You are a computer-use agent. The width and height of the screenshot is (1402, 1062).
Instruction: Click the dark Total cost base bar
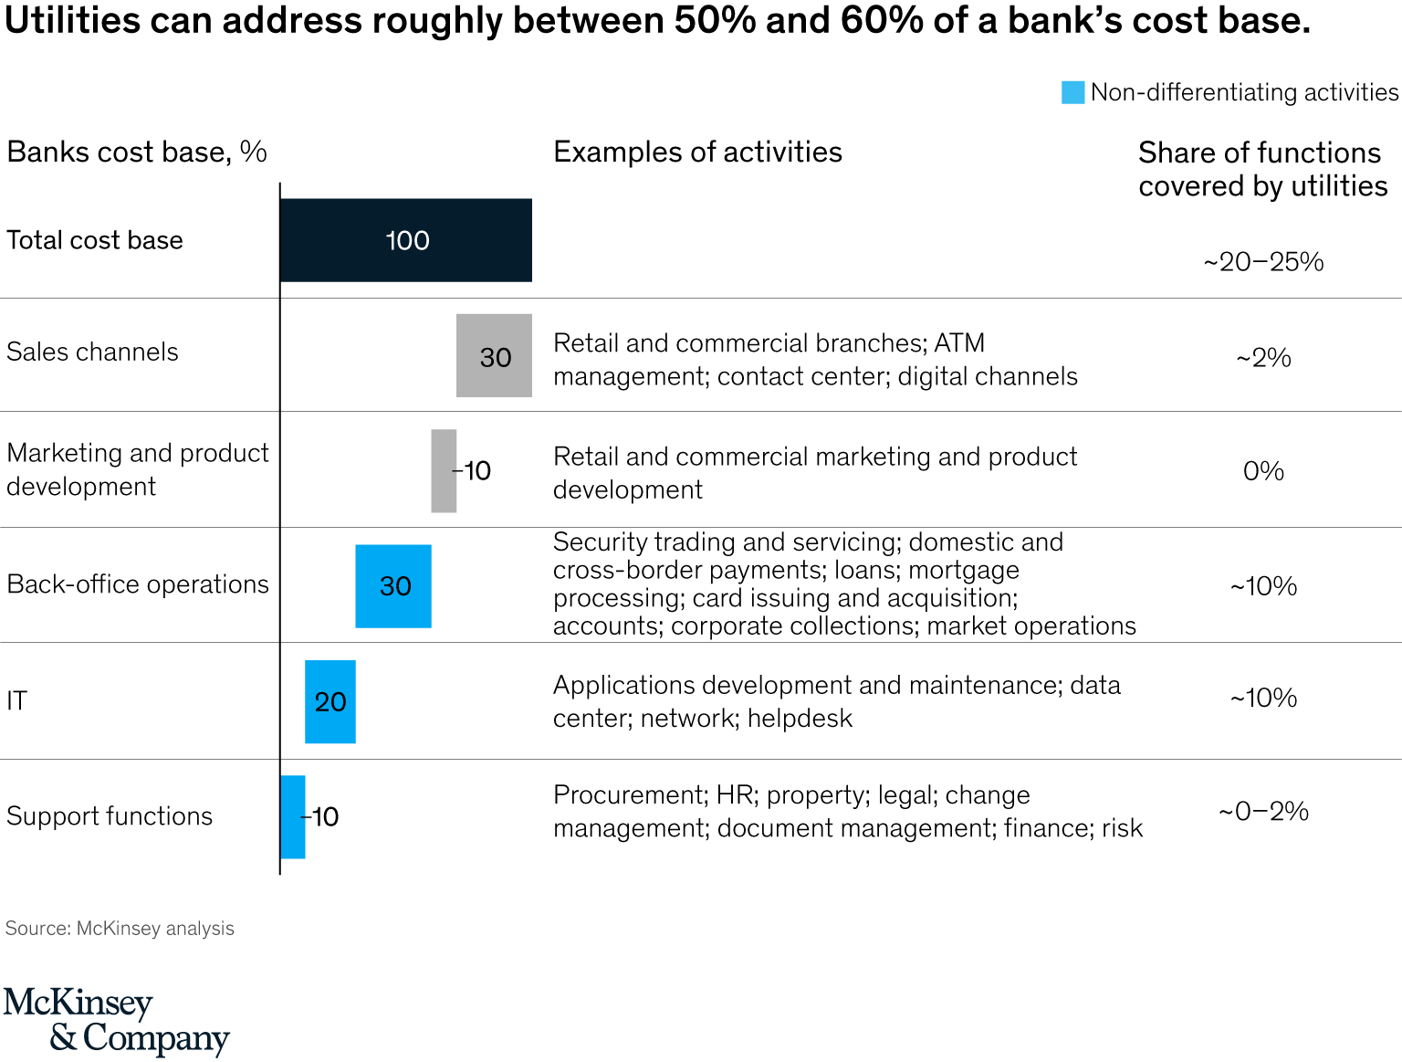point(405,240)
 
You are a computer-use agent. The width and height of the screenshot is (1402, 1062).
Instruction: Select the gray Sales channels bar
point(494,355)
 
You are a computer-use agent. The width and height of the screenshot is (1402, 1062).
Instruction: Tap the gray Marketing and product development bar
point(444,470)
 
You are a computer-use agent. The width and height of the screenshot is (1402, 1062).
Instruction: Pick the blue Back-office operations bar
point(393,585)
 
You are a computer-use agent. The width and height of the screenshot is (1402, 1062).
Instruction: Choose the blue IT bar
point(330,701)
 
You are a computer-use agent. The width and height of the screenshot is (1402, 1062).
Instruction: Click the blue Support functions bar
point(293,816)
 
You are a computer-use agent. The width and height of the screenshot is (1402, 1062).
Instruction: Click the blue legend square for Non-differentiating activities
point(1072,92)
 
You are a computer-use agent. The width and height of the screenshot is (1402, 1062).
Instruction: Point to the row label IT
point(17,700)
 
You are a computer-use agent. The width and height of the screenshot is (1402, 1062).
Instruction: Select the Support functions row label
point(110,815)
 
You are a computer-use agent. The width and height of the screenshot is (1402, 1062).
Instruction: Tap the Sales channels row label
point(92,352)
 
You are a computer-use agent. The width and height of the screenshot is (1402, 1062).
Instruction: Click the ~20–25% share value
point(1263,262)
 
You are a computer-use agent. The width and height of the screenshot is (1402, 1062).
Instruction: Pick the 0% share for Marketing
point(1263,471)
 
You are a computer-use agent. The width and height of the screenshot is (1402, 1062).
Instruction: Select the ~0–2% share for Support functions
point(1263,811)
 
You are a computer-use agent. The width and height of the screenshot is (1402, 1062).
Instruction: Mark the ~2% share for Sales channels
point(1263,358)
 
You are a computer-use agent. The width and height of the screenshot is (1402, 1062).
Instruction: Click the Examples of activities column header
point(697,152)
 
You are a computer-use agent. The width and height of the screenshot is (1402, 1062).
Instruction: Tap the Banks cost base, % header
point(137,152)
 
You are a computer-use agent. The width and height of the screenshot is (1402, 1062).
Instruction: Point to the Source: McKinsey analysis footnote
point(120,929)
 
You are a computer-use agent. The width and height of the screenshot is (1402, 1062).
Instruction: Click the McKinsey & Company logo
point(116,1020)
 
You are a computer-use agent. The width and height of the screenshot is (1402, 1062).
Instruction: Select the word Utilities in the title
point(73,20)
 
